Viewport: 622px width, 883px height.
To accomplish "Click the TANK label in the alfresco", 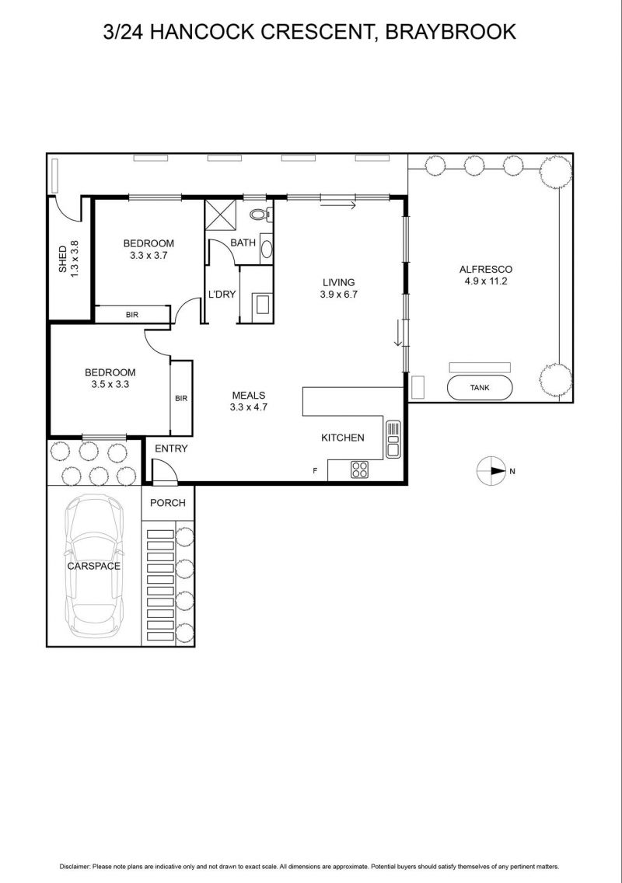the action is click(480, 387).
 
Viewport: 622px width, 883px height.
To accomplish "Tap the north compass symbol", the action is click(491, 471).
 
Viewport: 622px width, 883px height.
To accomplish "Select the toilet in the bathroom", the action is click(260, 214).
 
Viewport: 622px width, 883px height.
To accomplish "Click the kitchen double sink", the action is click(393, 439).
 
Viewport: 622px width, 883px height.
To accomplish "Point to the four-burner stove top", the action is click(359, 469).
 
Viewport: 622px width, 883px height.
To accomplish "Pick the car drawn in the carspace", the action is click(93, 566).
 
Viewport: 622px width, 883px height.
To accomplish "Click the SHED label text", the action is click(62, 259).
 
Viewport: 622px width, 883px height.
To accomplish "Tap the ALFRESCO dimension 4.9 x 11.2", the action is click(486, 281).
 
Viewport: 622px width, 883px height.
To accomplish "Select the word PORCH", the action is click(168, 503).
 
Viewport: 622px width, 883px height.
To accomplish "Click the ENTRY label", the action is click(171, 448).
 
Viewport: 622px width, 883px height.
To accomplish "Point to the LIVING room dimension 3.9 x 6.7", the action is click(339, 294).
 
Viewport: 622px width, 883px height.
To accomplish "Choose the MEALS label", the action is click(249, 396).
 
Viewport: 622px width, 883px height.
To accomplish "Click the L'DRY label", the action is click(222, 294).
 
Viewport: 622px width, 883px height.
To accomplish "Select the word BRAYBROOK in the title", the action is click(451, 32).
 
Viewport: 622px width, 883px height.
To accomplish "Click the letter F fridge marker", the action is click(315, 471).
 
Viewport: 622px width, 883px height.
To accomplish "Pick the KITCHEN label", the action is click(343, 438).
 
